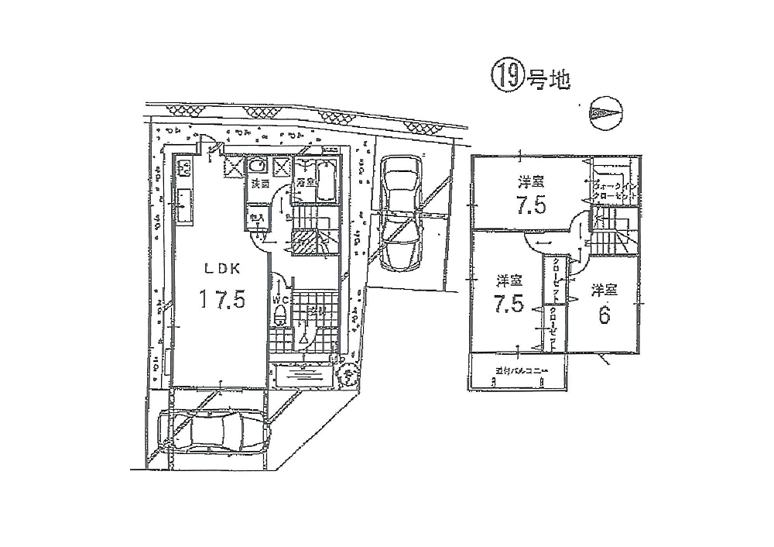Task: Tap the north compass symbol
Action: [x=604, y=114]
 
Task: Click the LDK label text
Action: [x=224, y=268]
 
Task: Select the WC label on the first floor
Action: [x=280, y=298]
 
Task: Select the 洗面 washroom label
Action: [x=259, y=184]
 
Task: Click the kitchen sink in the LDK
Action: [x=185, y=205]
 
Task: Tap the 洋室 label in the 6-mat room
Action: [x=604, y=291]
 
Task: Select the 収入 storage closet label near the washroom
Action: [x=256, y=218]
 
